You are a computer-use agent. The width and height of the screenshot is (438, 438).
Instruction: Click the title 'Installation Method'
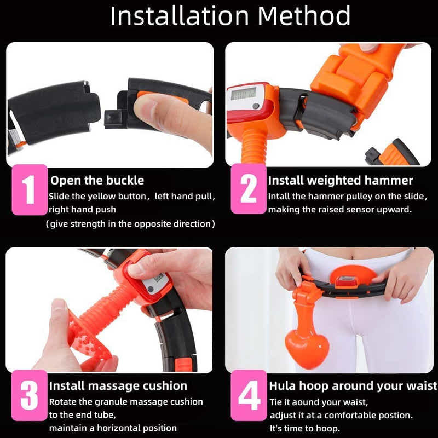230,16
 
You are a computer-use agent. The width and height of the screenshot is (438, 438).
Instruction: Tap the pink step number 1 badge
30,189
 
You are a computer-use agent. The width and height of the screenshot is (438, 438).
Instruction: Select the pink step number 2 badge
249,189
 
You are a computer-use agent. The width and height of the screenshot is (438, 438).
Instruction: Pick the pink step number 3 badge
30,395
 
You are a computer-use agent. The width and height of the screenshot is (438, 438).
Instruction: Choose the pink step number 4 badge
249,395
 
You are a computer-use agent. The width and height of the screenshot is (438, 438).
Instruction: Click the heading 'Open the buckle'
97,181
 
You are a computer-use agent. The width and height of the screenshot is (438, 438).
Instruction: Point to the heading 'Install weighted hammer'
340,181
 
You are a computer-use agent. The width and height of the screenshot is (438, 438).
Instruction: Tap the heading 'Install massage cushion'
118,386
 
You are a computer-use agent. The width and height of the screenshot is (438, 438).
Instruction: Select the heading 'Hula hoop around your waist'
353,386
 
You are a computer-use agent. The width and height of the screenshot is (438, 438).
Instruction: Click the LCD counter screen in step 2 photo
243,94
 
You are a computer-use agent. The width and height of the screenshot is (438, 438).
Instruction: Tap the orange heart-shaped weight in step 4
307,349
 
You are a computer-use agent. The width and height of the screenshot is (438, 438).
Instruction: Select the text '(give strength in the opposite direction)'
130,224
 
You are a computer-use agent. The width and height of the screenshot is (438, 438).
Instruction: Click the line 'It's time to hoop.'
305,428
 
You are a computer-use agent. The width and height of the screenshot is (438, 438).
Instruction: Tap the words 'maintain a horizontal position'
113,428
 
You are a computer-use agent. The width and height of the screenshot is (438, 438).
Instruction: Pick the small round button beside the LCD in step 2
255,106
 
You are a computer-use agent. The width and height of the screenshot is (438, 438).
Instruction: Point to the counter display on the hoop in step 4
347,281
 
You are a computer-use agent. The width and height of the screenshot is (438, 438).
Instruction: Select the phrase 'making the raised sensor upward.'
340,210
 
